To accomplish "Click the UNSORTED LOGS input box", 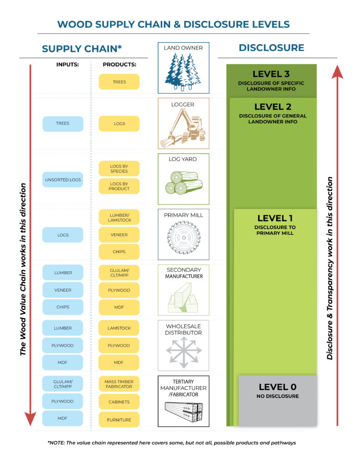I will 63,180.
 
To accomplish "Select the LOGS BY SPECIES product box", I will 119,168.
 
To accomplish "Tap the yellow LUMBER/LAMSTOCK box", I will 119,217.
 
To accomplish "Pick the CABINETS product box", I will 119,402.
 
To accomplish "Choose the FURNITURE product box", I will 119,419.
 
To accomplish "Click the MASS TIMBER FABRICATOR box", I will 119,384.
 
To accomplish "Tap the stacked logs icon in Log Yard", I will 183,182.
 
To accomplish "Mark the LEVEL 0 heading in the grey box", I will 277,387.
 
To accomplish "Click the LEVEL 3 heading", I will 271,74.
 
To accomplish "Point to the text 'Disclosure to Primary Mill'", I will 275,230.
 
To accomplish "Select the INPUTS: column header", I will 67,65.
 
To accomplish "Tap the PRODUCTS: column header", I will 119,65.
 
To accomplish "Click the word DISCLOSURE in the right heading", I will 271,48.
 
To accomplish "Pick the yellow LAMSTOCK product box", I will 119,328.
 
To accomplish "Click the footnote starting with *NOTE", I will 171,443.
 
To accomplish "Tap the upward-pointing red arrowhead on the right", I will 337,72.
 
